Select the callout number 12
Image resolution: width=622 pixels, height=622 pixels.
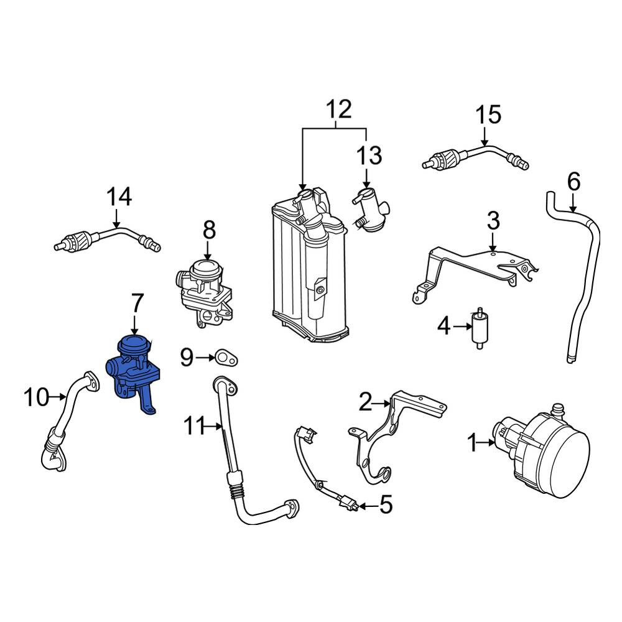pos(339,109)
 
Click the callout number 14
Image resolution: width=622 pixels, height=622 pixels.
pos(119,197)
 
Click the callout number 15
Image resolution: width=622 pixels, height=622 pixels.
pos(488,115)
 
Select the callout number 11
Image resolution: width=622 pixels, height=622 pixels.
pos(198,427)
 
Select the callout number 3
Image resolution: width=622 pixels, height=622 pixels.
pos(492,220)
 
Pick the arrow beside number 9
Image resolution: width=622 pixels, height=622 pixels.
pos(205,358)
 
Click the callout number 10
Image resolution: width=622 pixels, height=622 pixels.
pos(36,396)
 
